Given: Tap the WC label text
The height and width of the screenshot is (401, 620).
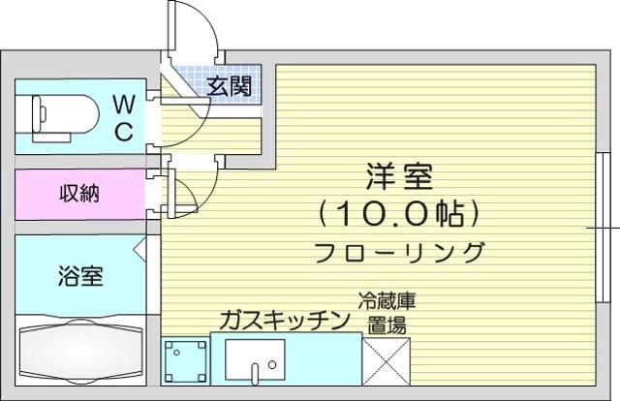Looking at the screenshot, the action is [x=124, y=117].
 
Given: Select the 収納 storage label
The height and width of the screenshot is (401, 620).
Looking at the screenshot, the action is [x=79, y=194].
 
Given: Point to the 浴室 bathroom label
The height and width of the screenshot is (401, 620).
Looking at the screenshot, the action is [x=80, y=276].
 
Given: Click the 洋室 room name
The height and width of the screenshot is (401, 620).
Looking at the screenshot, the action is [x=399, y=176].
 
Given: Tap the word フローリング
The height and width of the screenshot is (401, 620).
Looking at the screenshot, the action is [x=399, y=252].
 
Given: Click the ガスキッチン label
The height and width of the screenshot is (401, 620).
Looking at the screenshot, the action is [x=285, y=320].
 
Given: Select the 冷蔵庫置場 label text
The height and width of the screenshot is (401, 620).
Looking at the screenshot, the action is [x=387, y=313].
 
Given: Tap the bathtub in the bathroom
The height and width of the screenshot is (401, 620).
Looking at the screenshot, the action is [x=80, y=350].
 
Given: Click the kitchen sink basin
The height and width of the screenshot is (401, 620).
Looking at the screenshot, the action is [x=255, y=359].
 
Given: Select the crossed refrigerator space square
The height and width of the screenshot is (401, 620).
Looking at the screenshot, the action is [x=387, y=361].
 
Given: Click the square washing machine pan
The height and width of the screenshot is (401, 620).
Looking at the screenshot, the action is [x=185, y=361].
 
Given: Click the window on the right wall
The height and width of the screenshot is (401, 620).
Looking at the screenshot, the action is [x=603, y=228].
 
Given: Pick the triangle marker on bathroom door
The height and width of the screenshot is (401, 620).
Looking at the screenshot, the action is [x=139, y=250].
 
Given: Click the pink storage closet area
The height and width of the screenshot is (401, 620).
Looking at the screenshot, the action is [x=80, y=194].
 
